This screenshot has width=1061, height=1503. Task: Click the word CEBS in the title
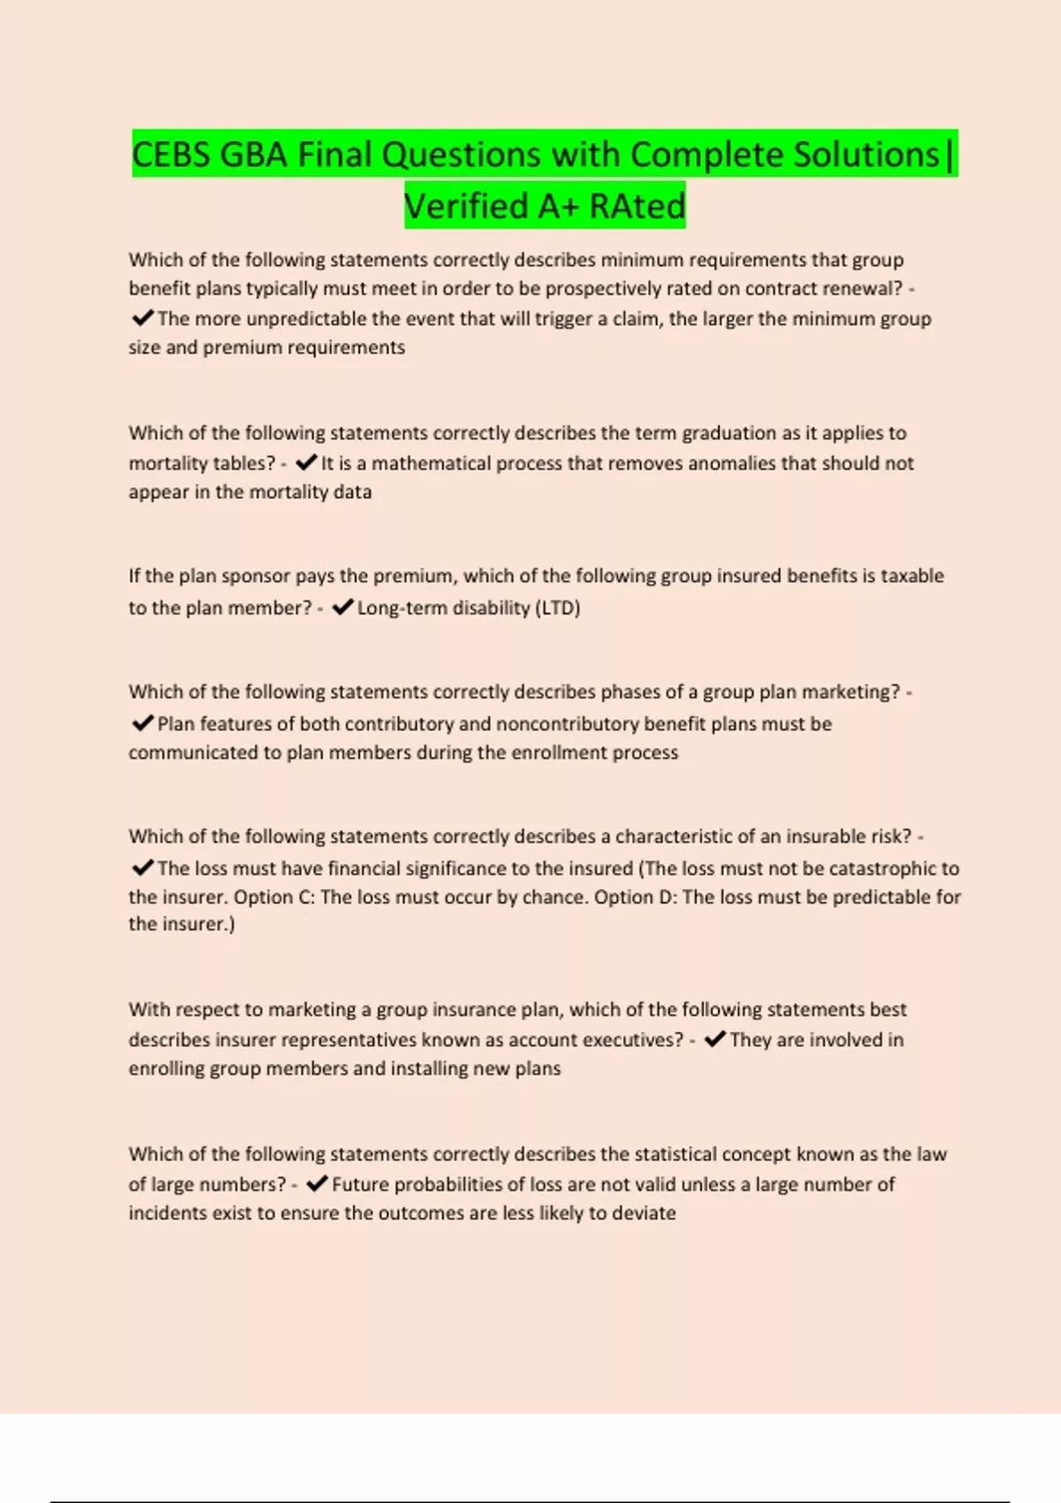tap(172, 155)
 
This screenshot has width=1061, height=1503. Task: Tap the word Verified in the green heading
tap(466, 206)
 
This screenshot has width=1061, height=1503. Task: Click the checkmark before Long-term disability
tap(343, 607)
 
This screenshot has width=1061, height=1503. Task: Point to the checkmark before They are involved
tap(715, 1039)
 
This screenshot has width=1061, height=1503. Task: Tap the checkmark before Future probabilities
tap(317, 1184)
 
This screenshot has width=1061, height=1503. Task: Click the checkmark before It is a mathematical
tap(306, 462)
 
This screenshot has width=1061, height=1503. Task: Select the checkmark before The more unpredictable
tap(141, 318)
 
